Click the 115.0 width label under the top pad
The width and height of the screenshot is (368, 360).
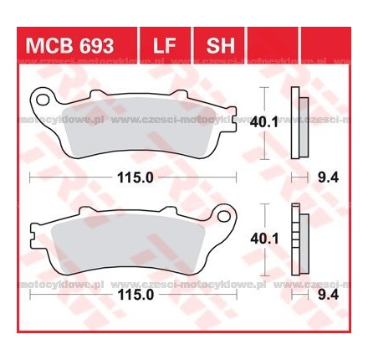132,177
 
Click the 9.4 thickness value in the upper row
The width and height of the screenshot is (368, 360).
325,177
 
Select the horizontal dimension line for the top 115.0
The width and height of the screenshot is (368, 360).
67,177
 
